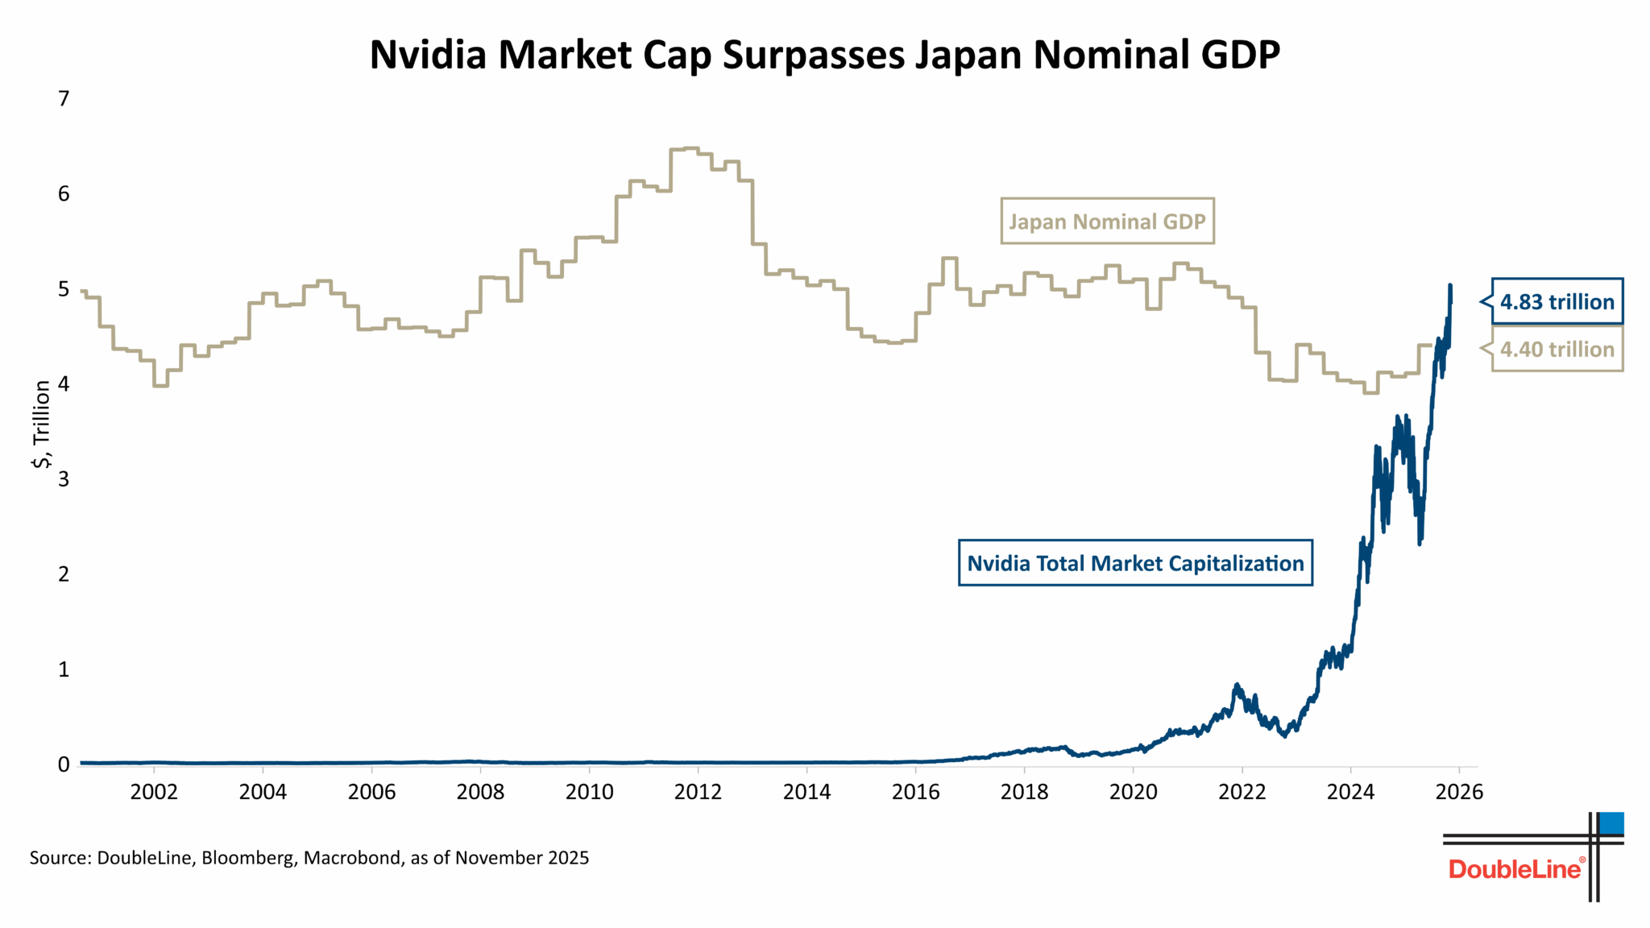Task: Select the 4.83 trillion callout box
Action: point(1557,302)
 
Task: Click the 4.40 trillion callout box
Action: point(1557,349)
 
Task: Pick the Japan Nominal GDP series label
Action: point(1107,222)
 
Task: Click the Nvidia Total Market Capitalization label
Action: point(1135,563)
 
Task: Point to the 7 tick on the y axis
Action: point(64,99)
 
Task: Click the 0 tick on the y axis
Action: point(64,764)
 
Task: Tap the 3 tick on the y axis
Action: point(64,479)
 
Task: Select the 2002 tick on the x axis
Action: point(154,792)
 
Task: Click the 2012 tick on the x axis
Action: point(698,792)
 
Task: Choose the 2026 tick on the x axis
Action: point(1459,792)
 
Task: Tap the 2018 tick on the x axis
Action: point(1024,792)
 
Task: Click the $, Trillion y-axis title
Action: point(42,425)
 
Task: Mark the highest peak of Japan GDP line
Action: point(685,148)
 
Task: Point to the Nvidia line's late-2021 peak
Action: point(1237,686)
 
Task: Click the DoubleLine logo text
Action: point(1515,869)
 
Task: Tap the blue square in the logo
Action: point(1611,823)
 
